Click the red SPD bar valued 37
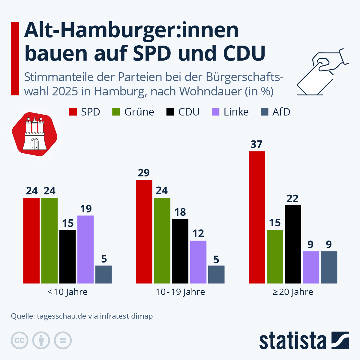tap(257, 217)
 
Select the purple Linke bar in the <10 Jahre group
tap(85, 249)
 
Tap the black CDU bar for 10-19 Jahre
tap(180, 251)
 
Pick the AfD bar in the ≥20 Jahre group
tap(329, 267)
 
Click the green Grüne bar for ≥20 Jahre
tap(275, 256)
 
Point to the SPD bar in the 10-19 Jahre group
tap(144, 232)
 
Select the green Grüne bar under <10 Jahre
tap(49, 240)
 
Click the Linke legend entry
tap(230, 112)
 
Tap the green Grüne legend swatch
tap(116, 112)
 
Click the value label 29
tap(144, 173)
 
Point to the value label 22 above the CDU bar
tap(292, 199)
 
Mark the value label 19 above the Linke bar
tap(86, 209)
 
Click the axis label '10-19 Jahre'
tap(180, 292)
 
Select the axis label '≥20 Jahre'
tap(293, 292)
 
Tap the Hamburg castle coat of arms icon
tap(35, 135)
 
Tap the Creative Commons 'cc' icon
tap(19, 340)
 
